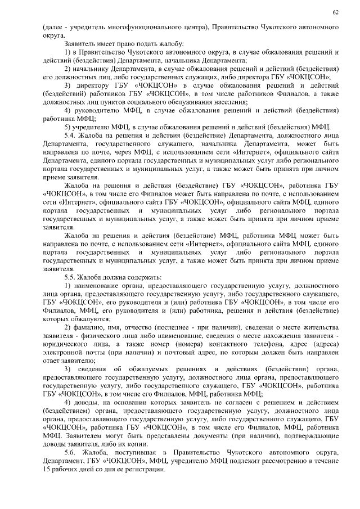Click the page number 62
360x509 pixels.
click(335, 12)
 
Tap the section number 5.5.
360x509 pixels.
click(71, 278)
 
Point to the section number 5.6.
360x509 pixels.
click(71, 452)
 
